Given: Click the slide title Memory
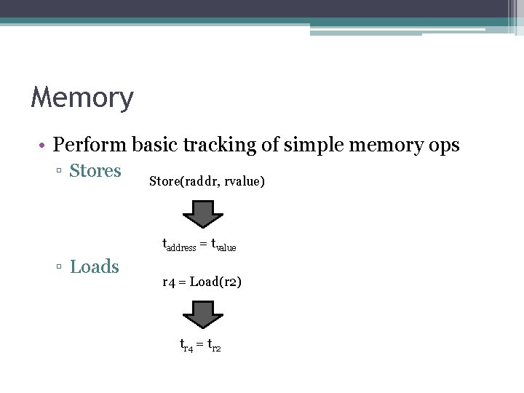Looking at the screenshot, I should (x=82, y=98).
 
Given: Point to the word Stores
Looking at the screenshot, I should (x=95, y=171).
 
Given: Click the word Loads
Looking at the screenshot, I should (x=94, y=267).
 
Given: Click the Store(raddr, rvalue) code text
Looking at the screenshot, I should (x=207, y=181).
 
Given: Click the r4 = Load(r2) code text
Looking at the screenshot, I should (x=202, y=281).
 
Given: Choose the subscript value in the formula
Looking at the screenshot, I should (x=226, y=248).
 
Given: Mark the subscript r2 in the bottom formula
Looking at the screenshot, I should (x=216, y=349).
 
